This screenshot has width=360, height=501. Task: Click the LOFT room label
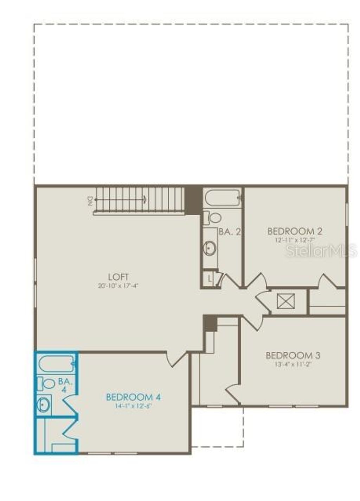(118, 277)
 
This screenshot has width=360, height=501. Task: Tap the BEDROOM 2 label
(295, 231)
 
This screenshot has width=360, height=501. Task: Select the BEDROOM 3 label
(293, 355)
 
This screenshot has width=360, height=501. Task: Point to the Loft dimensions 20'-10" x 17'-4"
(118, 286)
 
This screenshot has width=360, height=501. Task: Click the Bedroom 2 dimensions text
(295, 240)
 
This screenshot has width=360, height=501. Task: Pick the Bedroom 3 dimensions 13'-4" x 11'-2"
(293, 364)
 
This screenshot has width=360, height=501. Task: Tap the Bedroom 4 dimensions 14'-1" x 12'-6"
(133, 406)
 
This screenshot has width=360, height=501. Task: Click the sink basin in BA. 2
(210, 248)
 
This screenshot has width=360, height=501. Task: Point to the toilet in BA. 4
(46, 383)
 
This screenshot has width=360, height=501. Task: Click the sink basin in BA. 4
(44, 405)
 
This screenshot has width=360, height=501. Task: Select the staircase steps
(141, 200)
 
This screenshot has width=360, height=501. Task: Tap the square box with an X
(285, 301)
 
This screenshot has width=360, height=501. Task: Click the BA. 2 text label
(230, 232)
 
